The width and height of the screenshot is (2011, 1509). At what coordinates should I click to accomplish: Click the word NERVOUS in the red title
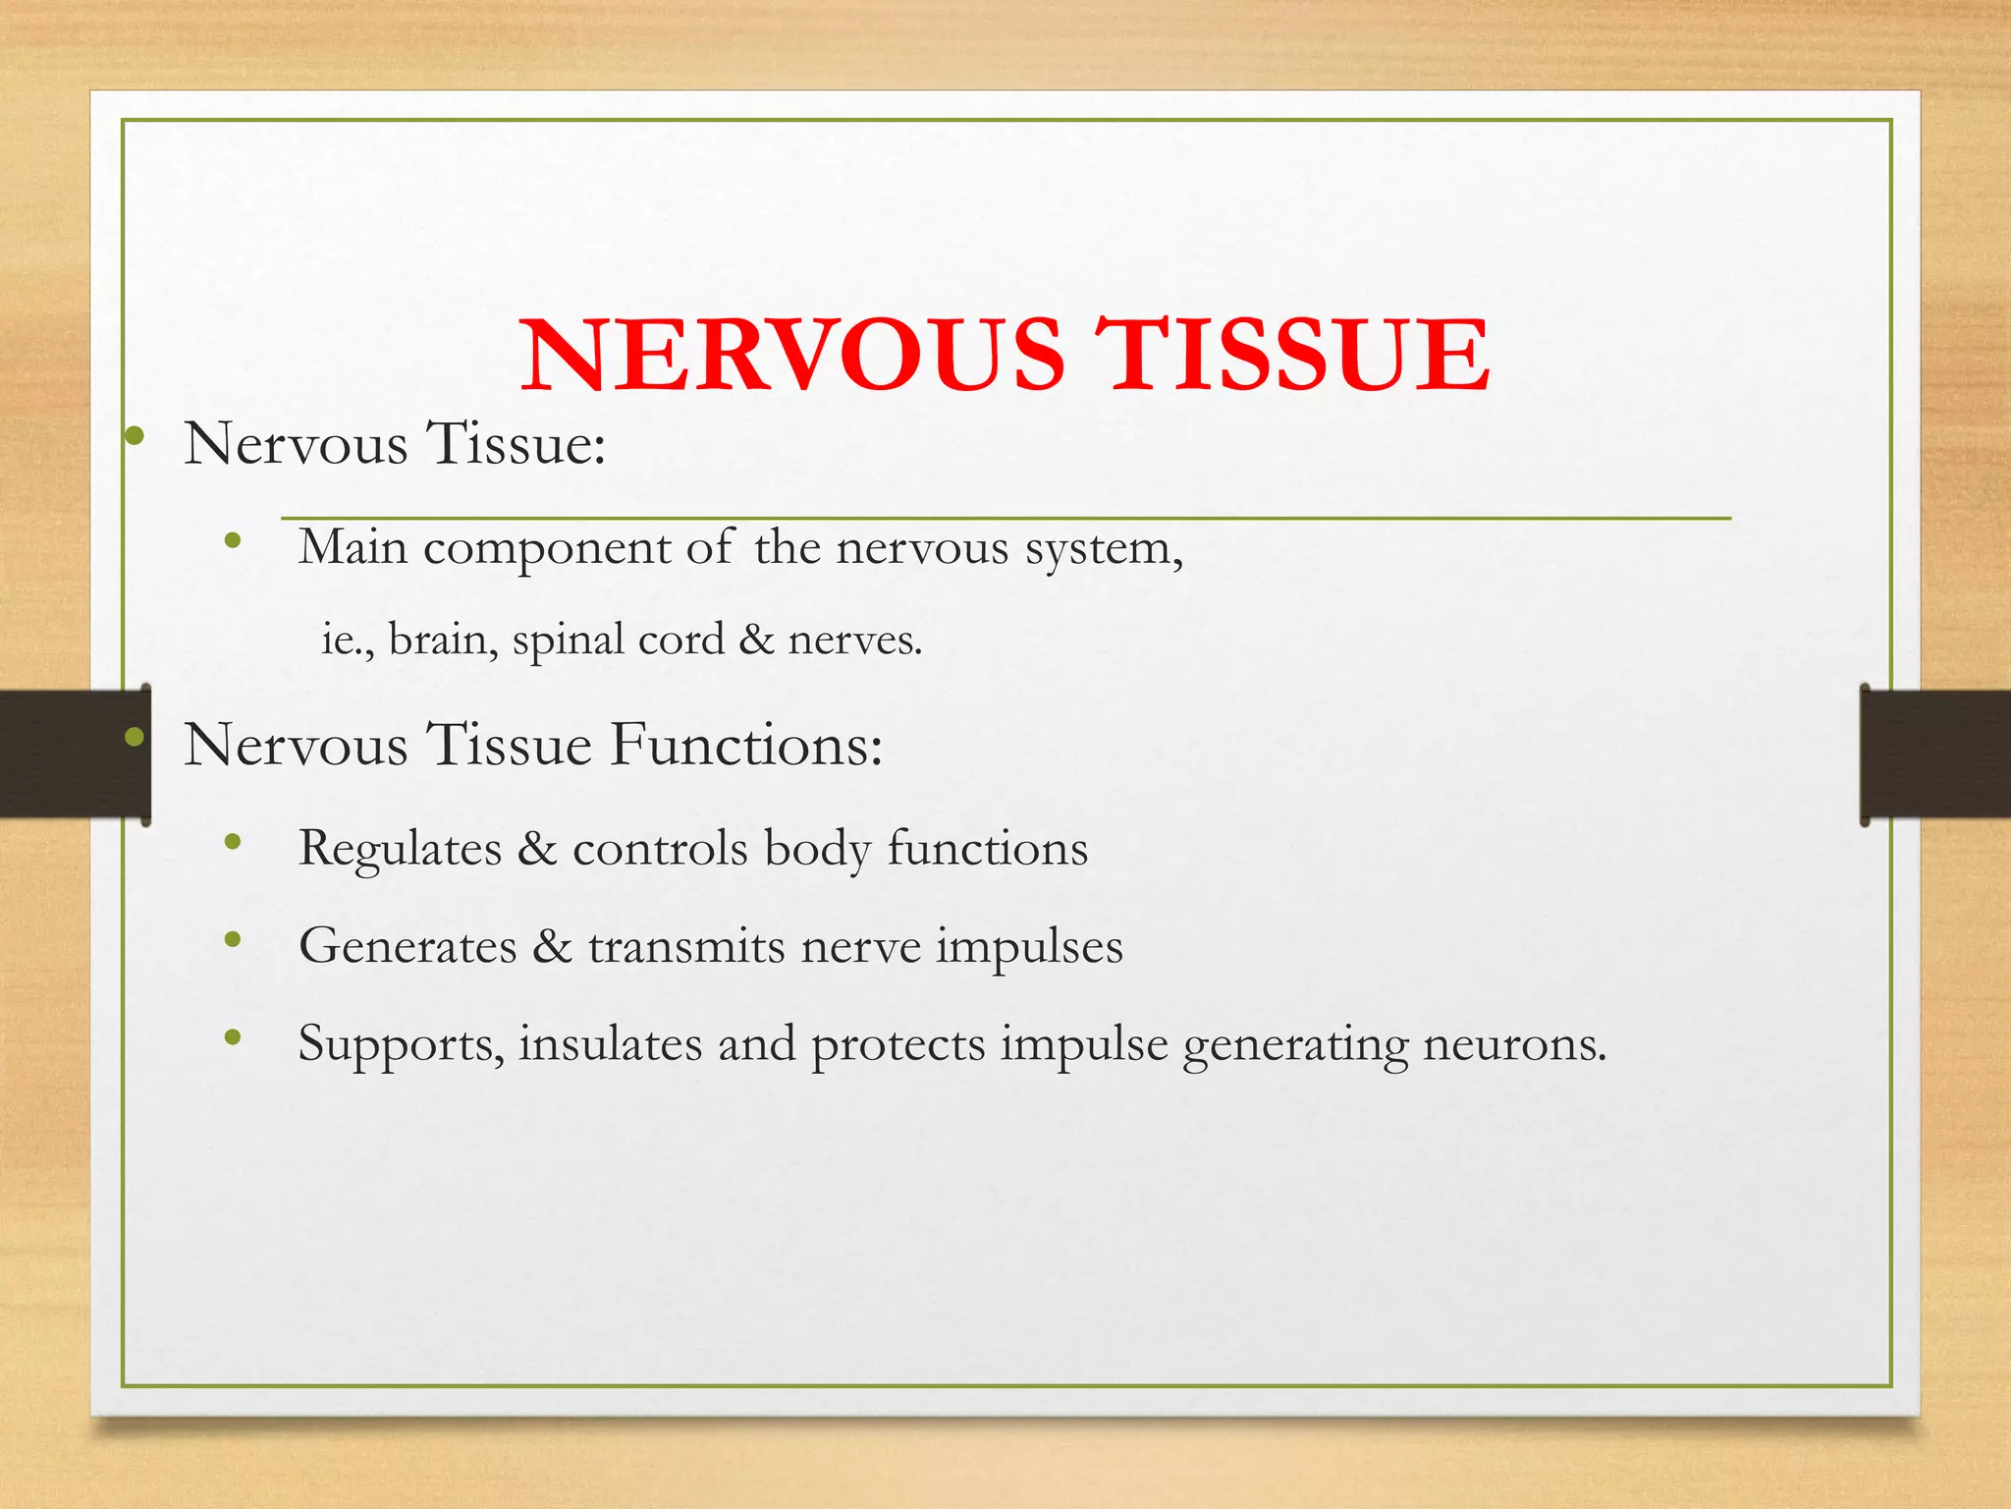click(x=791, y=355)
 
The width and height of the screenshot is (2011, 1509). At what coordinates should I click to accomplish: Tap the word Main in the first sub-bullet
click(x=353, y=547)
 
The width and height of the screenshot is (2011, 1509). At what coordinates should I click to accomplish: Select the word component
click(x=546, y=549)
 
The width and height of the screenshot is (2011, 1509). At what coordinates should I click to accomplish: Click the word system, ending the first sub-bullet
click(x=1104, y=549)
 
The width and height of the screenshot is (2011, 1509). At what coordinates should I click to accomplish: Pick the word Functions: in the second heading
click(x=745, y=744)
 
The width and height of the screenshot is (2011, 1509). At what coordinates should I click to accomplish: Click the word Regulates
click(x=400, y=849)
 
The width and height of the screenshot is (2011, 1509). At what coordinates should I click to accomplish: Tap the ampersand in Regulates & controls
click(x=536, y=849)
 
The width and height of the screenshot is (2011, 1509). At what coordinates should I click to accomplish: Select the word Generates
click(x=408, y=946)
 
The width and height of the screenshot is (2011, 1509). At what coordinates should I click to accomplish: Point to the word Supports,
click(x=401, y=1044)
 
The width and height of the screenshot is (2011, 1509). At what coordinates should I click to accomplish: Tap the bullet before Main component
click(x=233, y=539)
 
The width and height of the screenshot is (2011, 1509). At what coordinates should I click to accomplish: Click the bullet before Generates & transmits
click(x=233, y=940)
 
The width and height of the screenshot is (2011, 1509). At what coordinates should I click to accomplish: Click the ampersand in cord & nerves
click(x=756, y=640)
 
